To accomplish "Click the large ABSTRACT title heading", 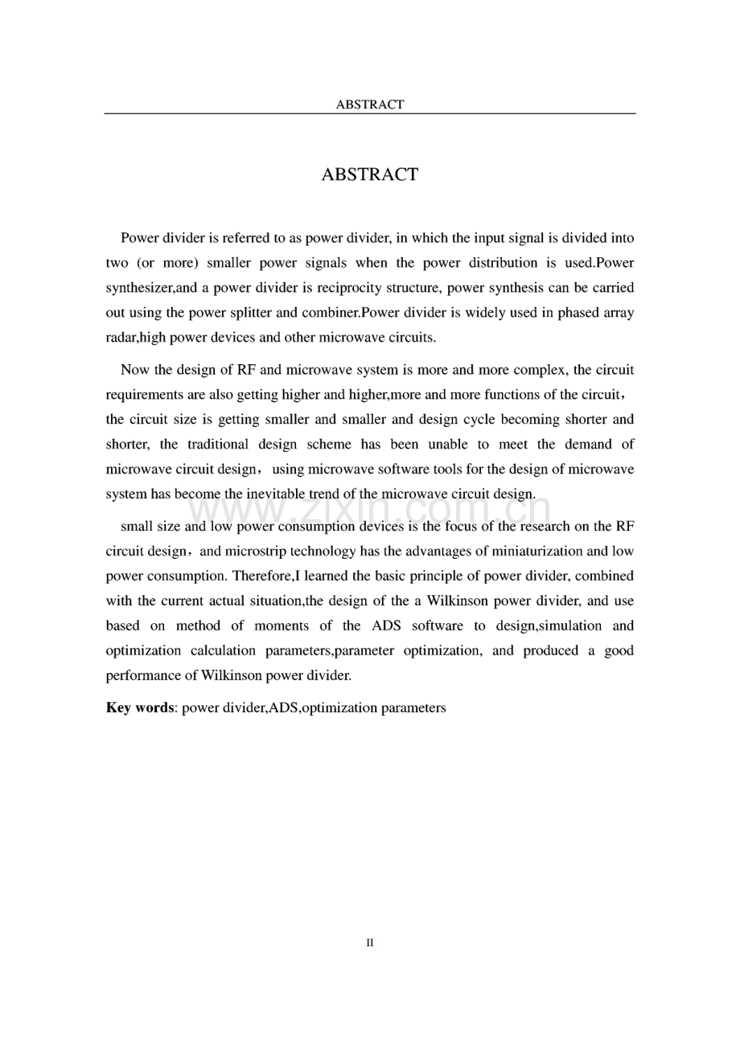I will click(x=369, y=174).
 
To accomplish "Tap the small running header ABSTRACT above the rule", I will click(x=369, y=105).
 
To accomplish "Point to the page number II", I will click(x=369, y=943).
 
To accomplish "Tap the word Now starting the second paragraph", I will click(x=134, y=370).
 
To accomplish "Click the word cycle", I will click(x=480, y=419).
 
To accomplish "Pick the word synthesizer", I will click(x=137, y=288).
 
